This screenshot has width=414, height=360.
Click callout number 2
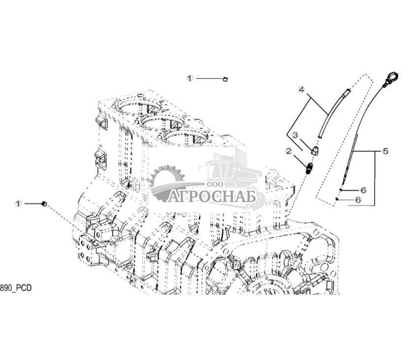[x=289, y=151]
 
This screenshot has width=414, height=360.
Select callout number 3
[x=295, y=135]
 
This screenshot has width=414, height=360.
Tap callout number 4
[x=301, y=89]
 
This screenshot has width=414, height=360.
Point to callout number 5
[x=386, y=151]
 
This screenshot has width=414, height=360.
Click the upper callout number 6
[x=364, y=190]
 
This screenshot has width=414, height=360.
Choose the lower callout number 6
[x=358, y=200]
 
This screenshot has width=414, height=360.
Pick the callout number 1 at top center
[x=190, y=78]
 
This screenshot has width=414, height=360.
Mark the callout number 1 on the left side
[x=18, y=204]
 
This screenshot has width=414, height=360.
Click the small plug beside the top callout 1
[x=225, y=78]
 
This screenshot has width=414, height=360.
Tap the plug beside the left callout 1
[x=44, y=204]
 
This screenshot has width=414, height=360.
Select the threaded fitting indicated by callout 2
[x=310, y=168]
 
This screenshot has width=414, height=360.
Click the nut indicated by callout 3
[x=315, y=151]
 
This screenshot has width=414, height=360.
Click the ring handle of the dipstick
[x=392, y=77]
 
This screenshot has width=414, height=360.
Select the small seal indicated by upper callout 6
[x=341, y=190]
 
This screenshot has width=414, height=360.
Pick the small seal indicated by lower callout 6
[x=337, y=199]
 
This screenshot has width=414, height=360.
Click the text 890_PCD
[x=16, y=288]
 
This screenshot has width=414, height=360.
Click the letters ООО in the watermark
[x=215, y=184]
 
